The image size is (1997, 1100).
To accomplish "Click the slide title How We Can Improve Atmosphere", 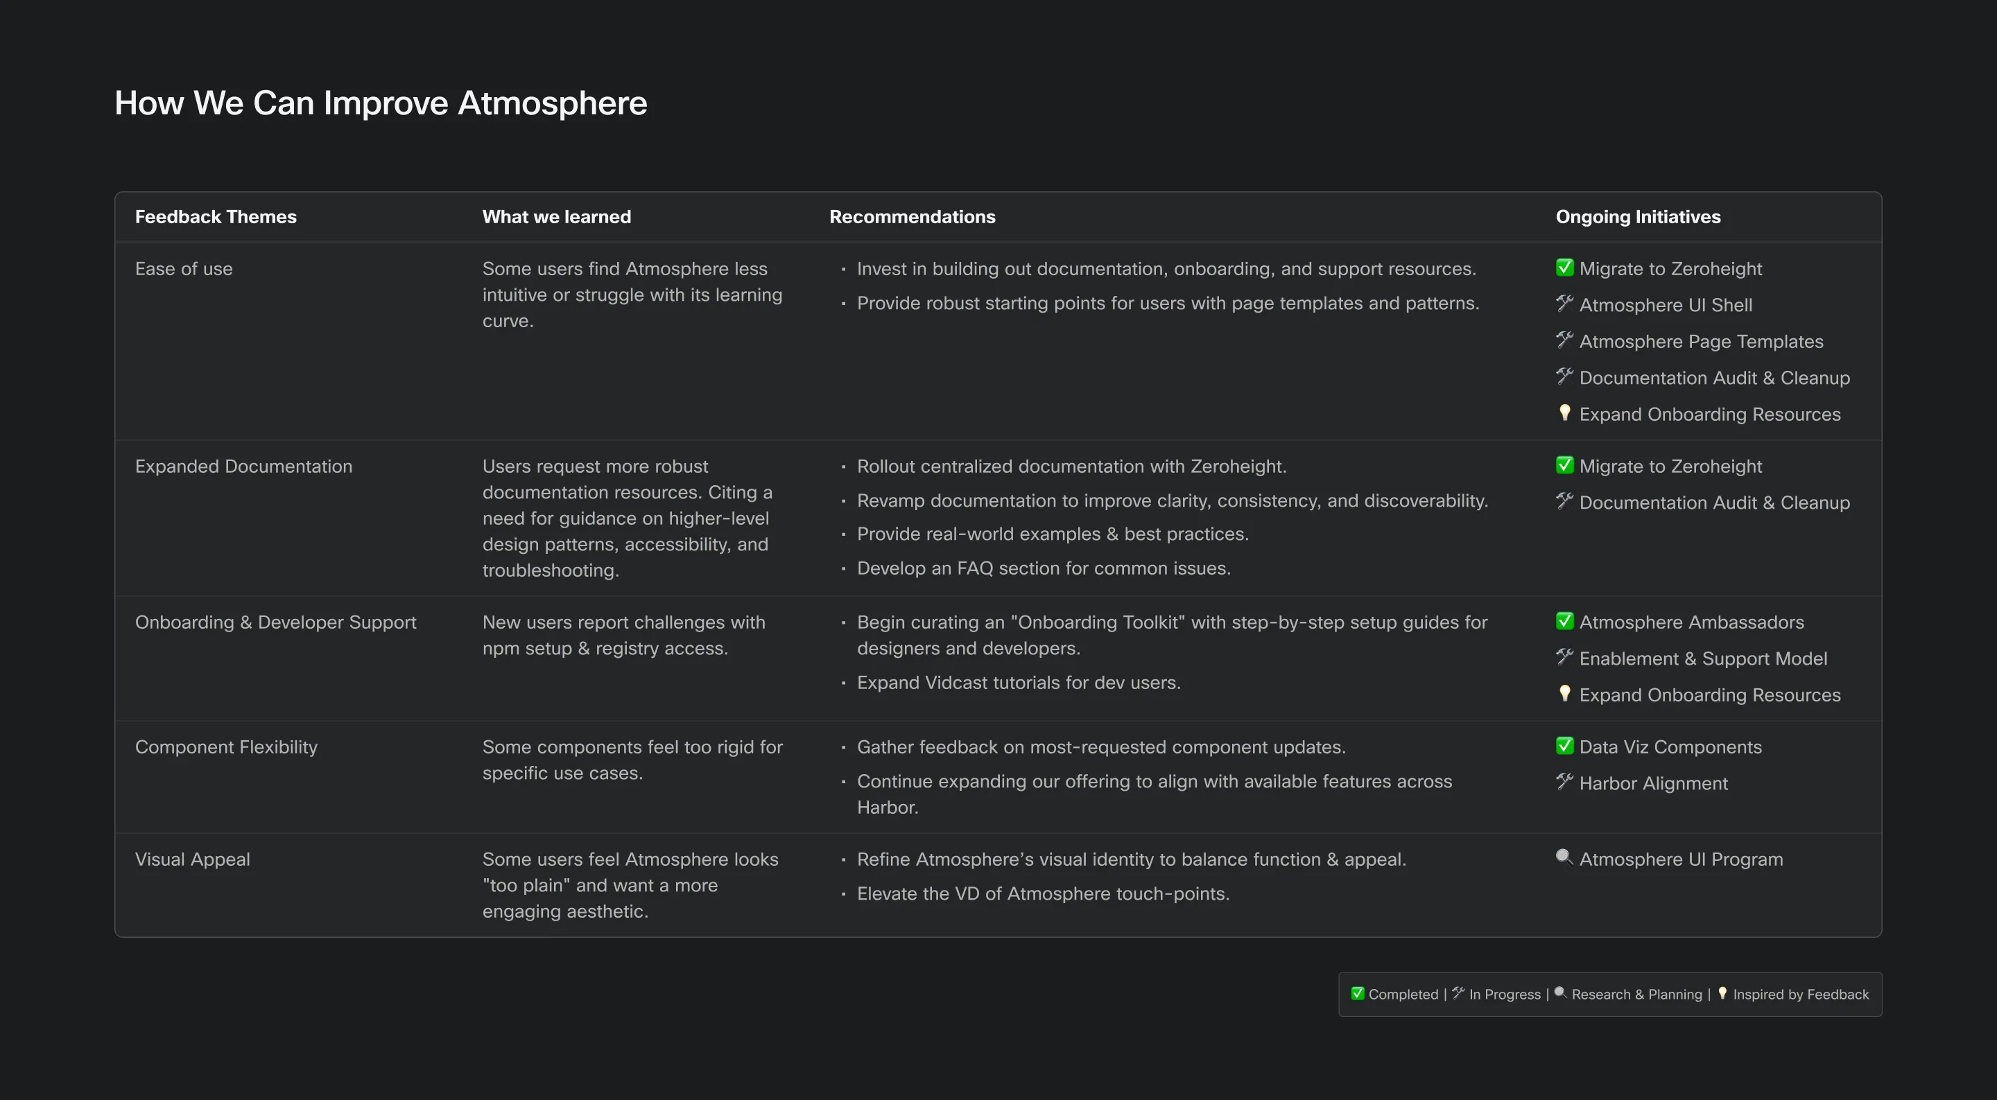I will pos(381,103).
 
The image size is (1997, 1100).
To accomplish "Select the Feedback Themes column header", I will pos(216,217).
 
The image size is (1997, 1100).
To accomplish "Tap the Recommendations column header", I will pos(912,217).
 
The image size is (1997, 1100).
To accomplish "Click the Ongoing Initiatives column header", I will pos(1637,217).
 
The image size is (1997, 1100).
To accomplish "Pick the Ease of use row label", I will pos(184,269).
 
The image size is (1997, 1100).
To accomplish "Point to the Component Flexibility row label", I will pos(226,747).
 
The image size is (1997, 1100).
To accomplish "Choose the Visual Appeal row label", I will pos(192,859).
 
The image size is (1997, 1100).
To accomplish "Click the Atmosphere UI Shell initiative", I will pos(1665,306).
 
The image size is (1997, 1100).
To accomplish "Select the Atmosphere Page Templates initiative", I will pos(1701,342).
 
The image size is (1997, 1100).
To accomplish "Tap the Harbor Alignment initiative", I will pos(1653,784).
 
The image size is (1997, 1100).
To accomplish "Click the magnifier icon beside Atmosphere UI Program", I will pos(1564,857).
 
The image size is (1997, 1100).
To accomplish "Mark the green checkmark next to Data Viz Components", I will pos(1564,746).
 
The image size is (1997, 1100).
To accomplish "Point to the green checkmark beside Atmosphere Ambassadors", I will pos(1564,621).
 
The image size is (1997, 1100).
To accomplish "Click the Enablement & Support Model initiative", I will pos(1702,659).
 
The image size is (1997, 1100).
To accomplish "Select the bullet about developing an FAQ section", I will pos(1044,569).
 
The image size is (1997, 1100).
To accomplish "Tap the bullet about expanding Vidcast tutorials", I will pos(1018,683).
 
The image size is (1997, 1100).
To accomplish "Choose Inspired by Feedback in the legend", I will pos(1800,995).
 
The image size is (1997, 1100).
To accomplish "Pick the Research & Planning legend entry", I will pos(1636,995).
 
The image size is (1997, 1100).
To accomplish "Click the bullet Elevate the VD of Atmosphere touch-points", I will pos(1043,894).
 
